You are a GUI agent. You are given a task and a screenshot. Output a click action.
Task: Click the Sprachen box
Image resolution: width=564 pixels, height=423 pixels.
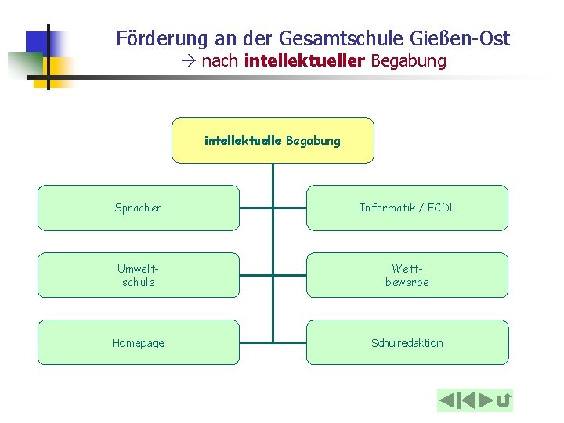[139, 208]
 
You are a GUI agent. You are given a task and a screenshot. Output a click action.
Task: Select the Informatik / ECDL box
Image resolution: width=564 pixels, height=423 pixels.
[407, 208]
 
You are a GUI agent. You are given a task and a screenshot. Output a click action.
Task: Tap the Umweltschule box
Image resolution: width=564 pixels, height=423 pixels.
[139, 275]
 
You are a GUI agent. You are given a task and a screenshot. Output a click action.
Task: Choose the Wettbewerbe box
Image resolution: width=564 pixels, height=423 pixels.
[407, 275]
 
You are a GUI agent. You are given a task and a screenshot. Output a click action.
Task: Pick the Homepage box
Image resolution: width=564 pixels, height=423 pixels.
[139, 342]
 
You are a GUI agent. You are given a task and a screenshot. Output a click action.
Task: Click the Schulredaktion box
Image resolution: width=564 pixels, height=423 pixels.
[407, 342]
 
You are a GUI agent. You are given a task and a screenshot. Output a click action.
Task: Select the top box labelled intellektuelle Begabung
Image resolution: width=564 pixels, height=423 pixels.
[273, 140]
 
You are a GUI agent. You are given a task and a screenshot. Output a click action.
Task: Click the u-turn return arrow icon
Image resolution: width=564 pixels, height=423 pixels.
[504, 401]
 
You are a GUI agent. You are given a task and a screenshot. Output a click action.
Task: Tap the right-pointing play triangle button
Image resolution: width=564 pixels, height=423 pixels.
[486, 401]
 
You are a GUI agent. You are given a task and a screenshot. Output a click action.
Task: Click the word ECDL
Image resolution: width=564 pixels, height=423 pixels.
[439, 208]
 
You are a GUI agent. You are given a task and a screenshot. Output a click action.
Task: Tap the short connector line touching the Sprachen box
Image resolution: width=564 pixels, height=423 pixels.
[255, 208]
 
